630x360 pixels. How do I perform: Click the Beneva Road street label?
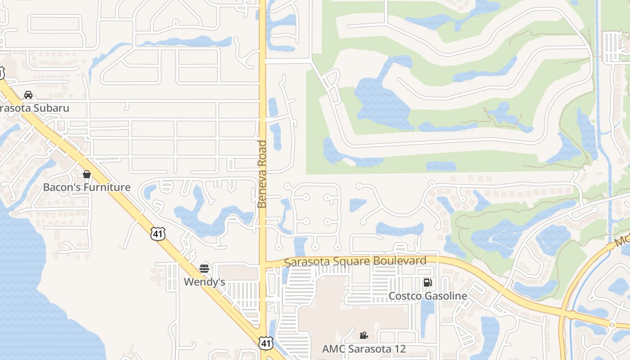point(262,174)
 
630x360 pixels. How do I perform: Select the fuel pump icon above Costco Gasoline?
point(428,283)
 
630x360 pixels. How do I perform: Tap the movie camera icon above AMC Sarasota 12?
point(364,335)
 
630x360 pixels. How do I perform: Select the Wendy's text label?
point(204,282)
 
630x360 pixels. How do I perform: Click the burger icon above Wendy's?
point(204,269)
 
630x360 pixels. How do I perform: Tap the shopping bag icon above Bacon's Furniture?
point(87,174)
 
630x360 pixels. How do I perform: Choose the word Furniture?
point(110,187)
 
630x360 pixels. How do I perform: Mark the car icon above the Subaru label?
point(28,95)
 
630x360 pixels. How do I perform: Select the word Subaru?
point(53,108)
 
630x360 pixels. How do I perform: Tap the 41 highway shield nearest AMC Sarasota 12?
point(266,343)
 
